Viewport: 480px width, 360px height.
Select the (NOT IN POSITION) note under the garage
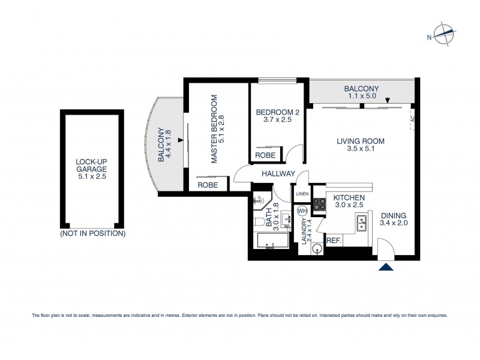pyautogui.click(x=92, y=233)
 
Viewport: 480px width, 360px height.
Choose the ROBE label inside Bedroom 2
pyautogui.click(x=265, y=155)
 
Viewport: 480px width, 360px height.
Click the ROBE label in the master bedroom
pyautogui.click(x=208, y=186)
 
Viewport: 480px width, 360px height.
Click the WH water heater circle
pyautogui.click(x=302, y=211)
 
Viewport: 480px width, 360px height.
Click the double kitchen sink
pyautogui.click(x=363, y=226)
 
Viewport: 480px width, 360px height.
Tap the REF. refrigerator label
pyautogui.click(x=334, y=241)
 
